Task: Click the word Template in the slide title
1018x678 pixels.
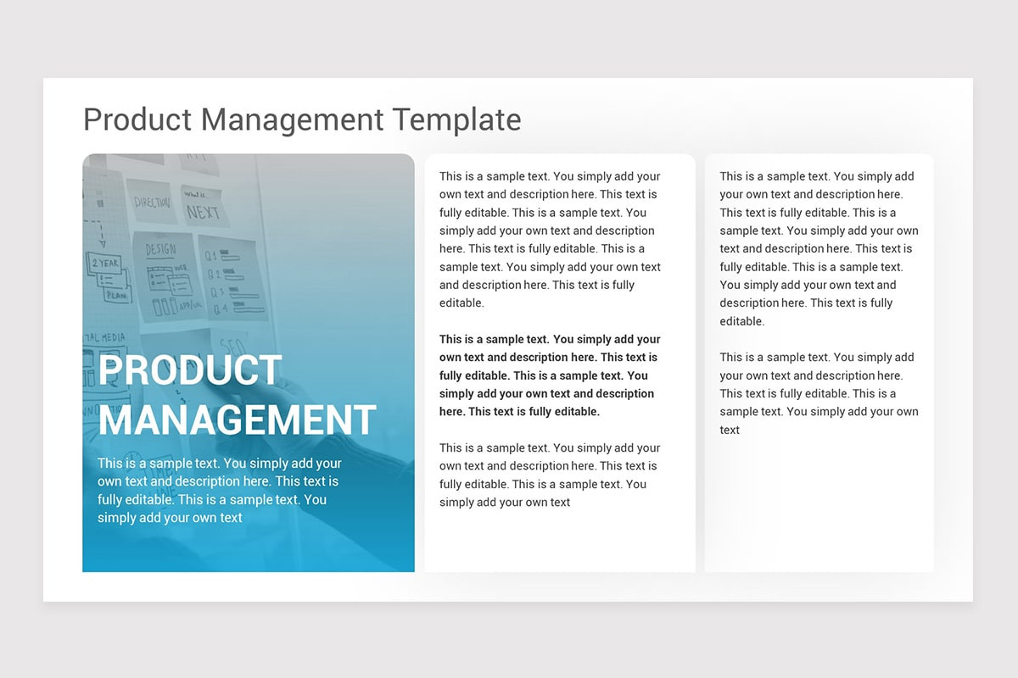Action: click(456, 119)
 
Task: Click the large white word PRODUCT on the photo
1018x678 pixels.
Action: click(190, 371)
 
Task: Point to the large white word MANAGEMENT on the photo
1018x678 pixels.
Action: click(238, 420)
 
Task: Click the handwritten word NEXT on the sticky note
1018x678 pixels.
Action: click(203, 211)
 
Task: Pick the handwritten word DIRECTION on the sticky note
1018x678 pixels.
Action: click(152, 203)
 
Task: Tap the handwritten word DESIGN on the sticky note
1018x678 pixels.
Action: click(159, 250)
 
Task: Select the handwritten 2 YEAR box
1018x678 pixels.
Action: click(105, 264)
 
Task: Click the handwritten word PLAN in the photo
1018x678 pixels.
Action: click(116, 296)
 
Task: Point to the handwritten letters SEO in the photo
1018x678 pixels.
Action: click(232, 346)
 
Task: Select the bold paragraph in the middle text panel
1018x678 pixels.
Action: click(549, 375)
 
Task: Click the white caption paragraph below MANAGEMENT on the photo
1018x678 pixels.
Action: click(220, 490)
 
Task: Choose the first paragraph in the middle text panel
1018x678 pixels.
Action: click(549, 239)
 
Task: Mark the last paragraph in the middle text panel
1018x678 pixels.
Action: click(549, 475)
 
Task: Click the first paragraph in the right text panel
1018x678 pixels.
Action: click(819, 248)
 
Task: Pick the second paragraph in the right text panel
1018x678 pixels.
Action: click(819, 393)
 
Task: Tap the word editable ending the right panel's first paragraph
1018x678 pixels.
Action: click(741, 321)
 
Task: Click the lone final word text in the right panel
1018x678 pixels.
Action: click(730, 430)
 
